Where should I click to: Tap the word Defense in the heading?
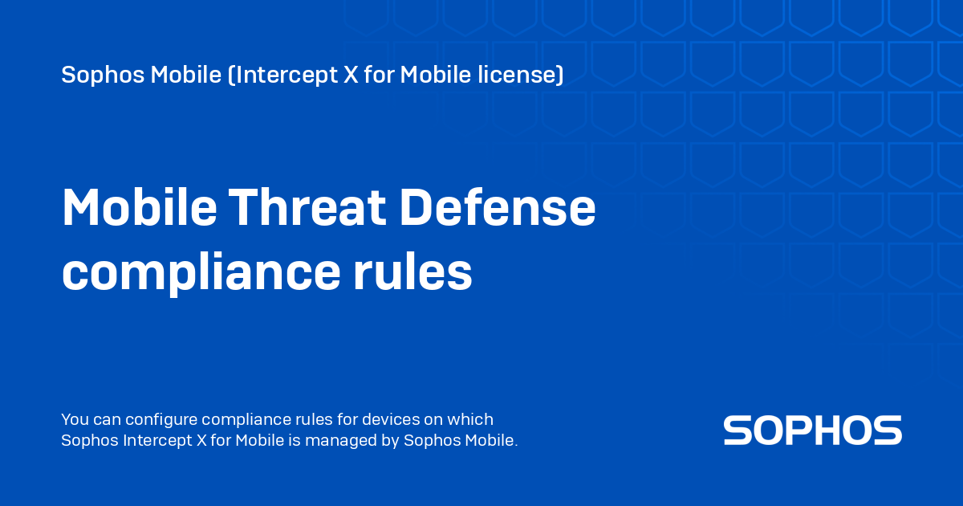coord(498,209)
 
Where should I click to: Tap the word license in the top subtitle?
coord(524,75)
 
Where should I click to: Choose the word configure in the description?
coord(160,419)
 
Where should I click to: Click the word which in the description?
coord(473,419)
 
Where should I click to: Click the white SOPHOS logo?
coord(812,431)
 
